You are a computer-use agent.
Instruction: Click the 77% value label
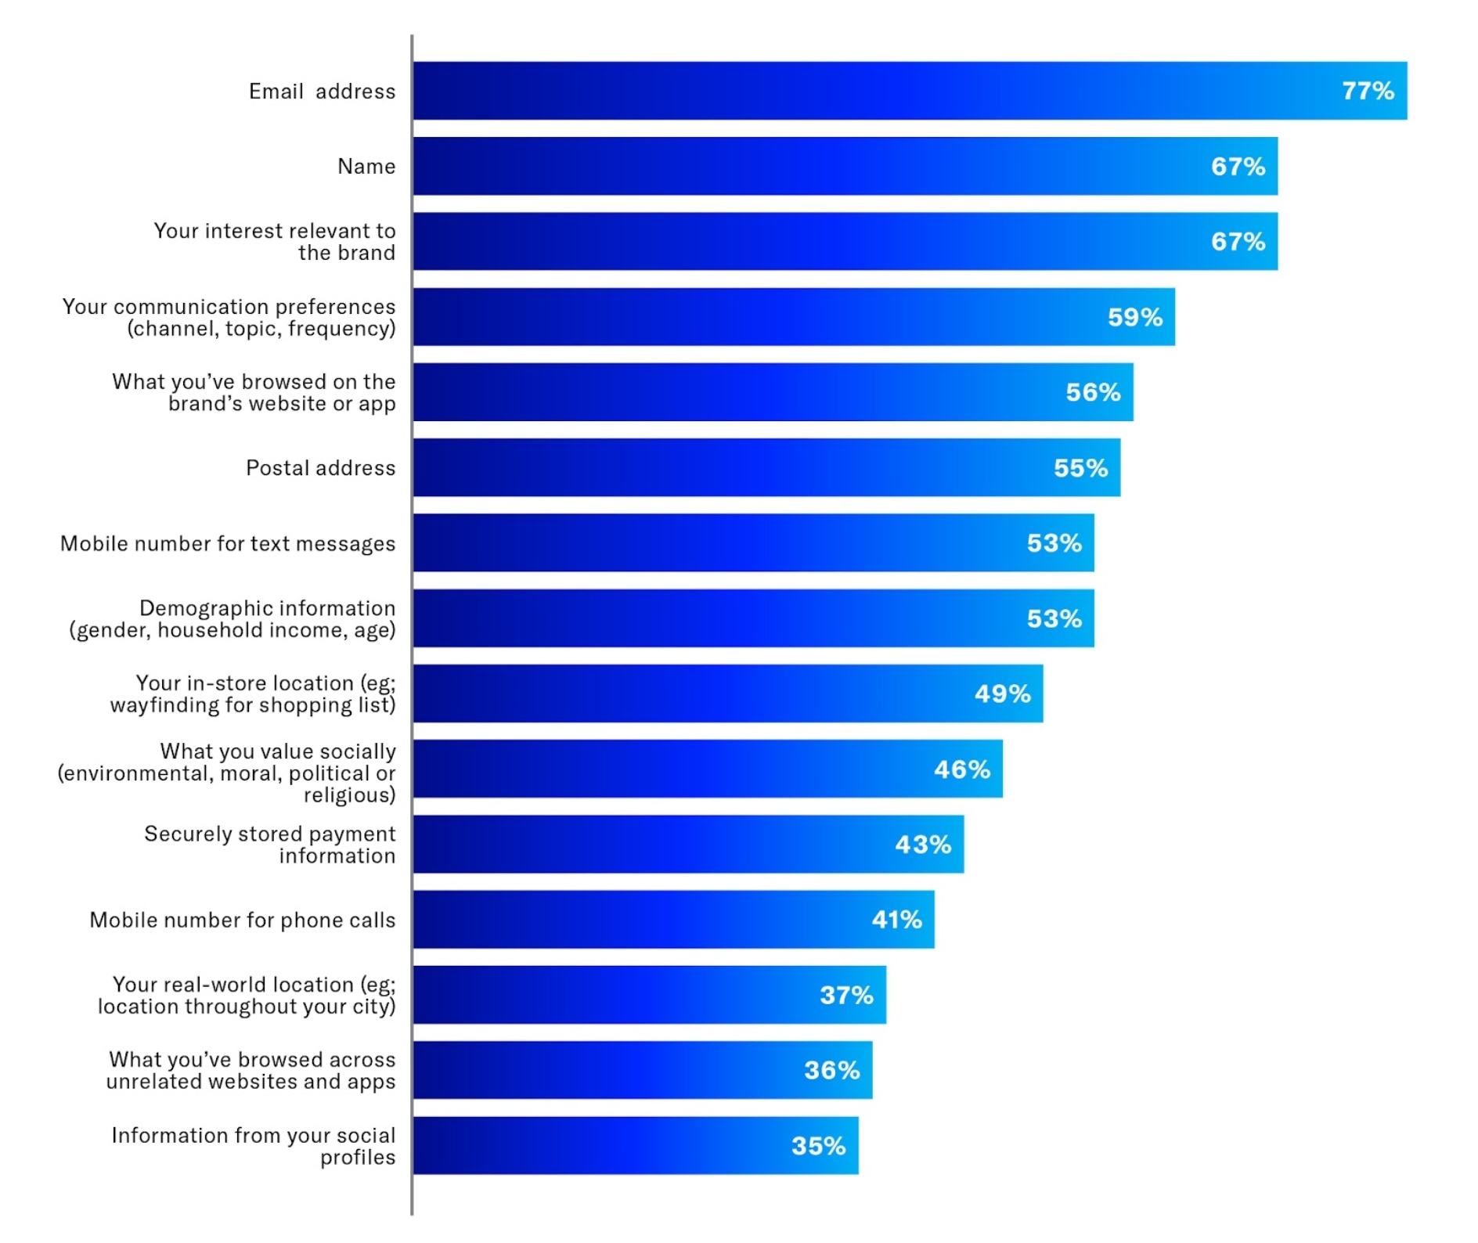[1368, 91]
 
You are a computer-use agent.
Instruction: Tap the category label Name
[366, 166]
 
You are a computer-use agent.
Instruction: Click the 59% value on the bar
[1134, 317]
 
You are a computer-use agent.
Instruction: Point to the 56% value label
[1093, 392]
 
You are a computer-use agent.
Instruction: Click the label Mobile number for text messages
[228, 543]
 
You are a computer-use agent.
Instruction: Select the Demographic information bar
[752, 618]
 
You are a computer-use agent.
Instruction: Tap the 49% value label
[1002, 694]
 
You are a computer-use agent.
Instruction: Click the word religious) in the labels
[349, 795]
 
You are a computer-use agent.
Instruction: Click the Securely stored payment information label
[270, 845]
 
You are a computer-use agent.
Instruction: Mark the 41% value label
[896, 920]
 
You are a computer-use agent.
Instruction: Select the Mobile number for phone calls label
[243, 920]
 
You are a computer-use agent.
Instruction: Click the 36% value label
[831, 1070]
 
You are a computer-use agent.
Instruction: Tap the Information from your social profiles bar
[635, 1145]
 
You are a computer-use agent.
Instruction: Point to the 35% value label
[818, 1146]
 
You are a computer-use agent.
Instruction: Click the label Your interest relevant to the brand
[275, 242]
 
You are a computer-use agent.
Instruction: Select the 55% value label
[1080, 468]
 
